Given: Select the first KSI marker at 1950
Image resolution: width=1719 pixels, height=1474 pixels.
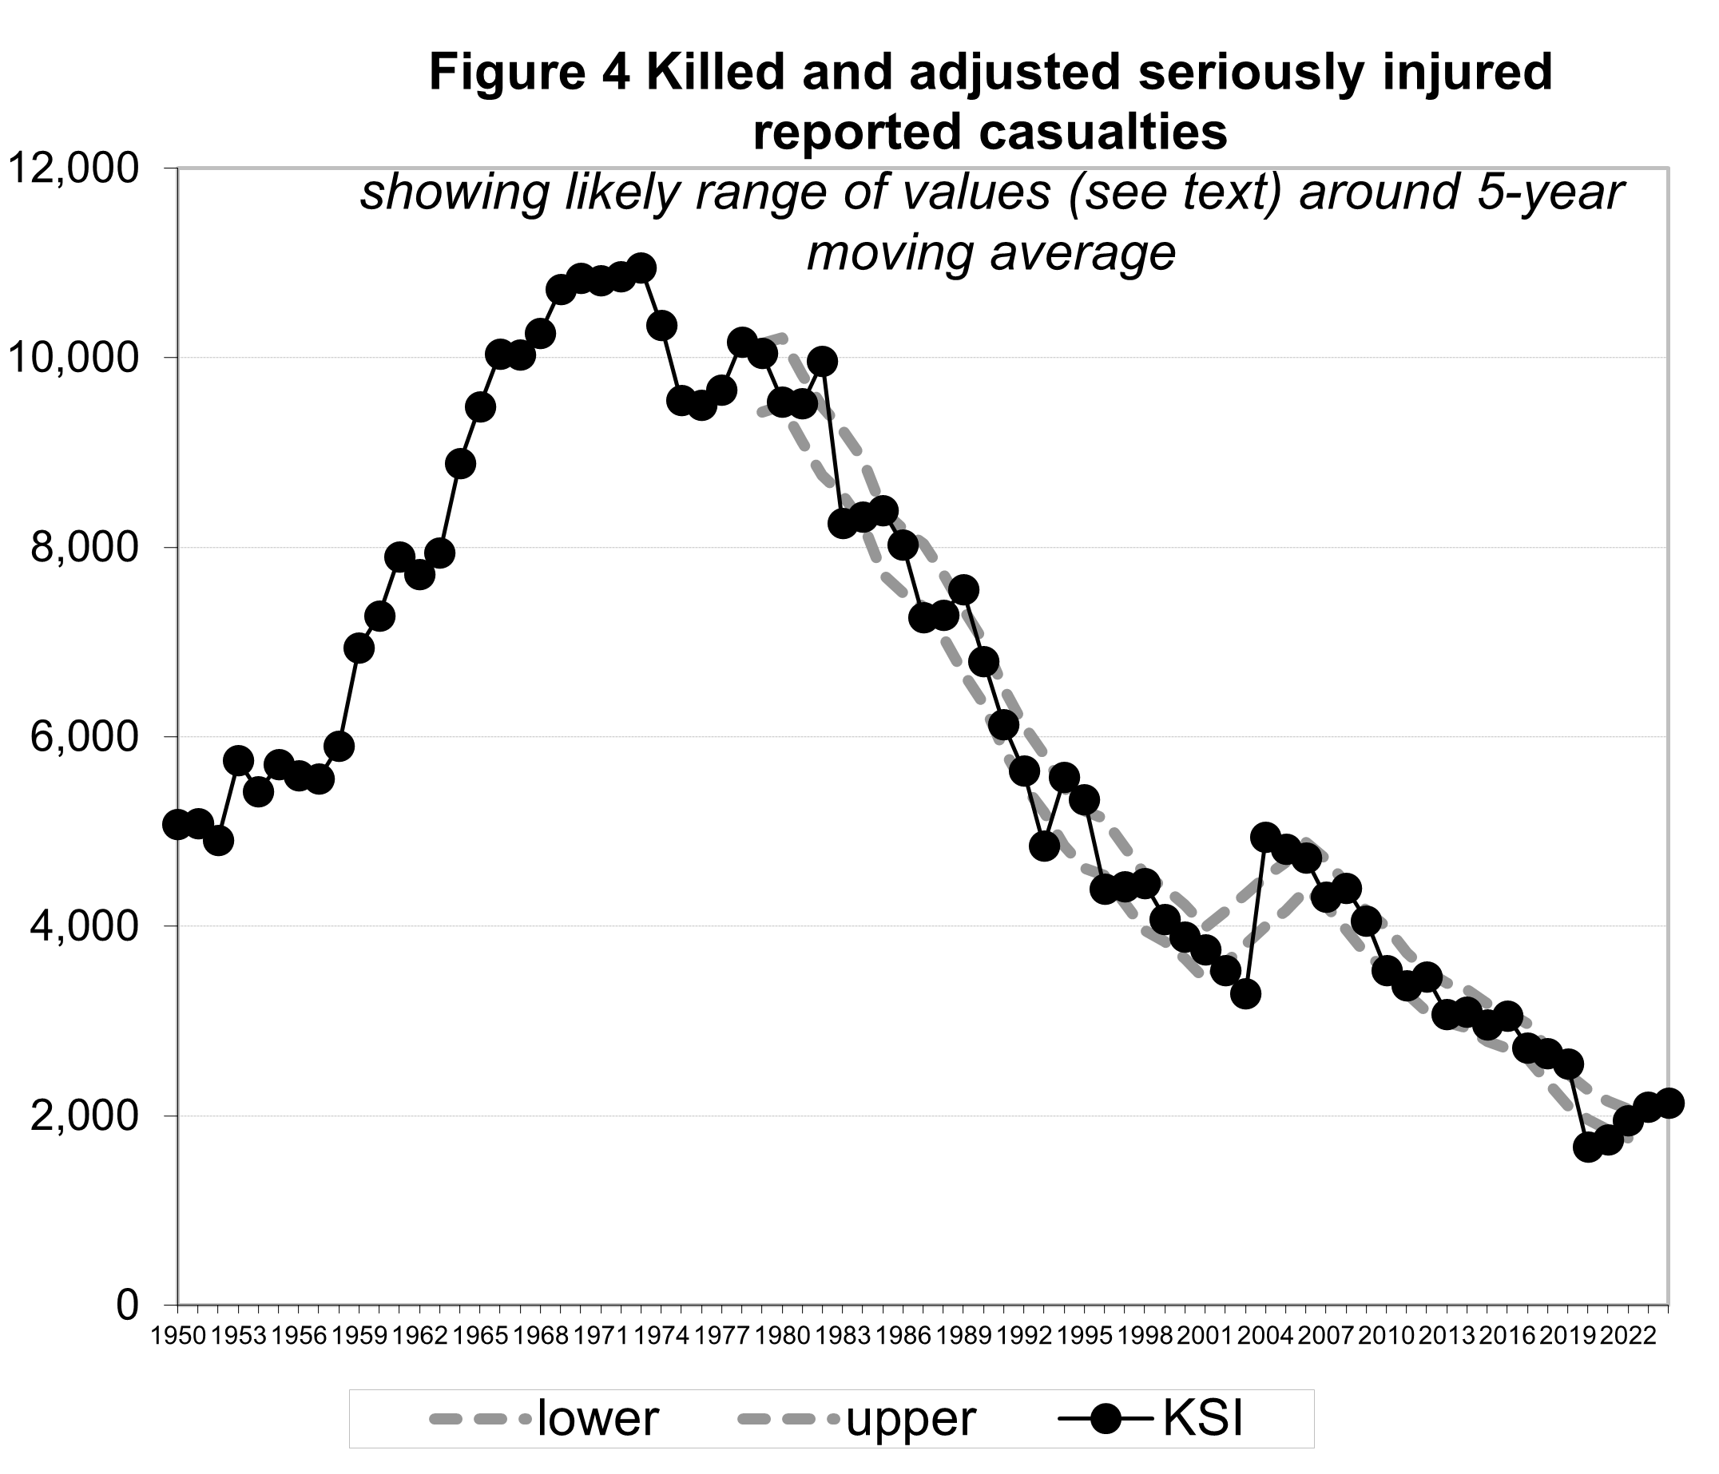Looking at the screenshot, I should (177, 825).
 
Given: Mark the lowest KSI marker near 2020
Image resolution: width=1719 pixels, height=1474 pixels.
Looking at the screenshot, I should (1588, 1147).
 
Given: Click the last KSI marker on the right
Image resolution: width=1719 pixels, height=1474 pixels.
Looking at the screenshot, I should (1669, 1104).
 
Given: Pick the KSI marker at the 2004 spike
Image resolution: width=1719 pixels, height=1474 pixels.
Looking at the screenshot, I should (1265, 835).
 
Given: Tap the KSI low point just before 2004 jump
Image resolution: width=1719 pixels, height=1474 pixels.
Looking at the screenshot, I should (1245, 993).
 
